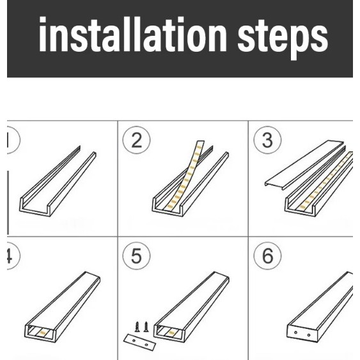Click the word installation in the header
pos(133,34)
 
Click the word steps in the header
pos(283,38)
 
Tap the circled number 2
pos(136,140)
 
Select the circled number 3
pos(267,140)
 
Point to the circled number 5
pos(136,256)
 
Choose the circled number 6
pos(267,256)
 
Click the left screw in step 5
pos(137,327)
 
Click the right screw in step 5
pos(146,327)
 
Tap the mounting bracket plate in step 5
pos(140,342)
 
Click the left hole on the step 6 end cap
pos(295,333)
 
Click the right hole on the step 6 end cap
pos(309,335)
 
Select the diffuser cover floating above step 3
pos(305,164)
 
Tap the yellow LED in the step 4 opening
pos(42,333)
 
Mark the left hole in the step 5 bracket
pos(134,340)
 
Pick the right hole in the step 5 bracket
pos(146,345)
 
